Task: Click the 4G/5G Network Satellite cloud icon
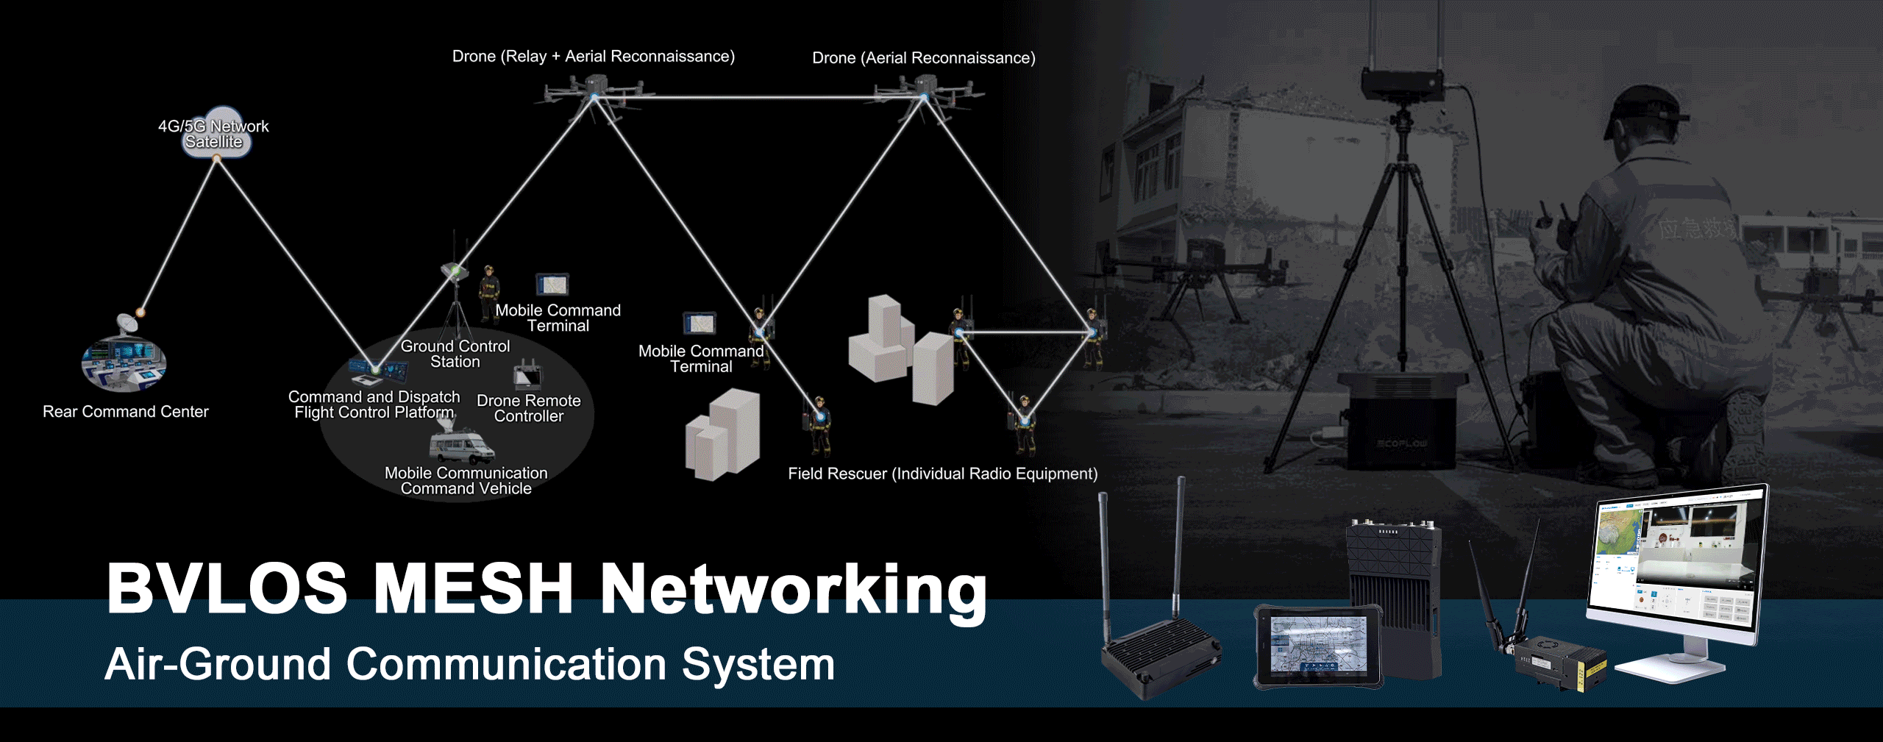(x=216, y=133)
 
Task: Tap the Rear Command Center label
(x=126, y=412)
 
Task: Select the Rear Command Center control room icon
(x=124, y=365)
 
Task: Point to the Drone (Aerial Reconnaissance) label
(x=923, y=58)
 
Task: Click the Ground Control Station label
(x=455, y=354)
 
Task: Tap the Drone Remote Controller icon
(x=527, y=376)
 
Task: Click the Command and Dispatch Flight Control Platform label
(x=374, y=404)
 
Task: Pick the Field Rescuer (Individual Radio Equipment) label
(x=942, y=474)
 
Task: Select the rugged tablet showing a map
(x=1317, y=645)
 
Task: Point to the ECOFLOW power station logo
(x=1402, y=443)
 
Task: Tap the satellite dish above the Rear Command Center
(x=128, y=322)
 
